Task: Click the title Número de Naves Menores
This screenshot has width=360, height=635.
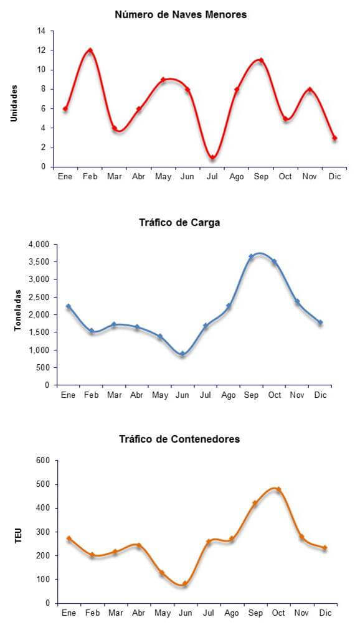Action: click(x=181, y=15)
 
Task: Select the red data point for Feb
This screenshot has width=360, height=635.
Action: click(x=90, y=50)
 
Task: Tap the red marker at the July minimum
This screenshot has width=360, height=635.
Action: click(x=212, y=158)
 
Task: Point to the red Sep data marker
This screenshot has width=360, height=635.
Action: click(x=261, y=60)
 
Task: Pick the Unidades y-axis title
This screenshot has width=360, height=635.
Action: click(x=14, y=103)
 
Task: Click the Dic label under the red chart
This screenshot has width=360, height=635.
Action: click(x=334, y=177)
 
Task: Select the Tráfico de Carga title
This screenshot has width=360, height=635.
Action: click(x=180, y=223)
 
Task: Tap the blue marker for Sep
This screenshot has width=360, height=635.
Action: click(x=251, y=256)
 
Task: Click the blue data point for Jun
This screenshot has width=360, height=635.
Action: click(x=182, y=354)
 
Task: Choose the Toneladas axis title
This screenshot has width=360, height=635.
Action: click(x=17, y=310)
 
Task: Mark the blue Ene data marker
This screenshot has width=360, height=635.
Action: click(x=69, y=306)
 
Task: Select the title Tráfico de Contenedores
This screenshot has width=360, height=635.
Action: click(x=180, y=439)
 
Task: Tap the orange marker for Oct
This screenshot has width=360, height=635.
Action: click(x=278, y=489)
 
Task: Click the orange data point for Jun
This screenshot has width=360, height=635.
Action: click(x=184, y=584)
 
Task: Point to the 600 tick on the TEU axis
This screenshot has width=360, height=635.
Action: click(x=44, y=461)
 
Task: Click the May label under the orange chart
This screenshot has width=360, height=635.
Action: click(x=163, y=613)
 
